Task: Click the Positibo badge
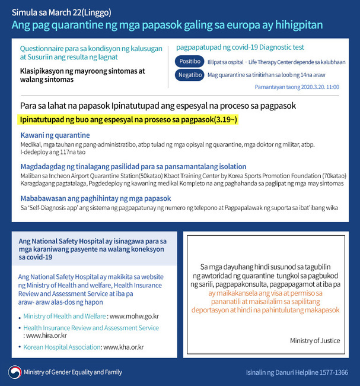coord(189,62)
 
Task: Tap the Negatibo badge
coord(189,75)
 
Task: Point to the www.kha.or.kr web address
coord(123,347)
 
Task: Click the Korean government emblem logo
coord(14,372)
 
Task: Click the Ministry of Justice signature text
coord(314,341)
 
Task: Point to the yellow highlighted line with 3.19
coord(128,120)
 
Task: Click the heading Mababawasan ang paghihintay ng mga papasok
coord(95,198)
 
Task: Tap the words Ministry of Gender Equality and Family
coord(73,372)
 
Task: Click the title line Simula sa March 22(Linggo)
coord(61,12)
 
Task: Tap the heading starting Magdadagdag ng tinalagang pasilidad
coord(133,167)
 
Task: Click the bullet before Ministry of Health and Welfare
coord(20,317)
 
